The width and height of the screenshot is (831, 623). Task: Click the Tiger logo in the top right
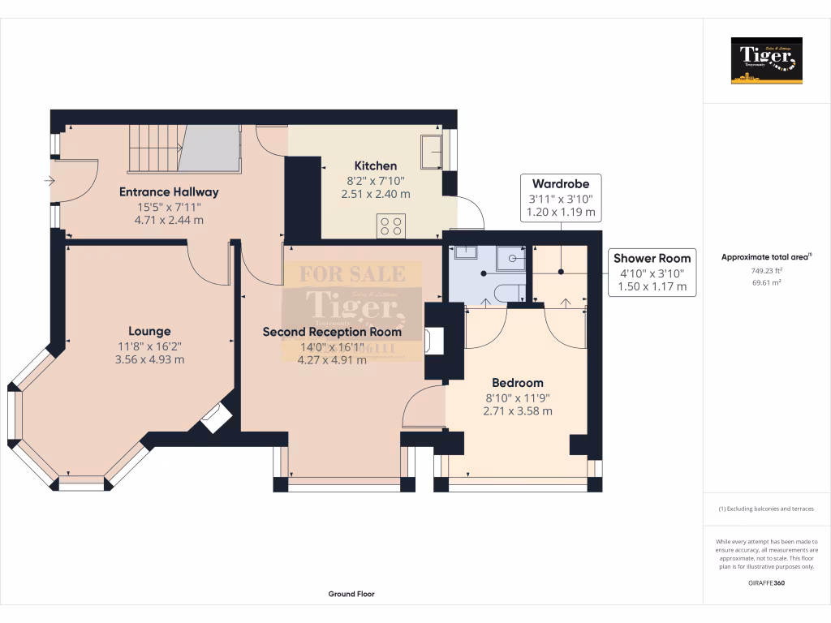point(766,61)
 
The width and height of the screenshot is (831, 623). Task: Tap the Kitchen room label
point(376,165)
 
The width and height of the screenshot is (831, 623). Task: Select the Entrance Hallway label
point(169,192)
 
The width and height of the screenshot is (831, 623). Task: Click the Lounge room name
point(149,331)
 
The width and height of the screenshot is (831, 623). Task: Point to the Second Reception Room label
point(332,332)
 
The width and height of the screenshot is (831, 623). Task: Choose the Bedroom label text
point(517,383)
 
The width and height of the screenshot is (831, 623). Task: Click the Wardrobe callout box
point(560,198)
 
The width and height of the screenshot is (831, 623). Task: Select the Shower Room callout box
point(652,272)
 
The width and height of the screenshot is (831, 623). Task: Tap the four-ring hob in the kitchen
point(391,226)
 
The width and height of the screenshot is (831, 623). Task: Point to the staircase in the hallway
point(183,148)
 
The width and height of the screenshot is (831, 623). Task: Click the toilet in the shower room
point(508,293)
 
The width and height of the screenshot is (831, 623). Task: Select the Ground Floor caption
point(351,594)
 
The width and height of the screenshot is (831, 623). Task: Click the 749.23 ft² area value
point(767,272)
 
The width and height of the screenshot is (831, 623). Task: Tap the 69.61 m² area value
point(767,283)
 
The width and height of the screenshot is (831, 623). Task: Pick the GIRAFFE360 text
point(766,583)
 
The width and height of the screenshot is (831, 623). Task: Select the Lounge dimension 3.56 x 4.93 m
point(151,359)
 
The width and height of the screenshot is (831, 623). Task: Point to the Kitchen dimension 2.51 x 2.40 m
point(376,194)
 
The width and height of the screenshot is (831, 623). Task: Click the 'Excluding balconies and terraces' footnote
point(766,509)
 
